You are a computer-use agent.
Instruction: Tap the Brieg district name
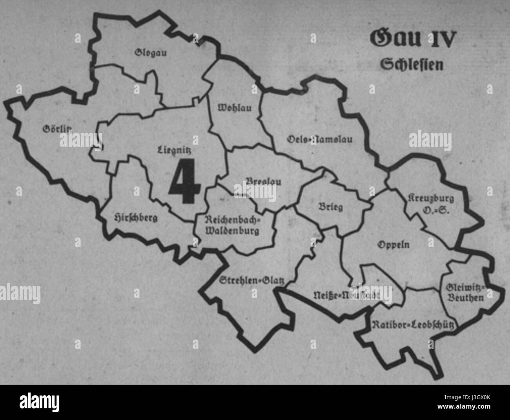coord(330,206)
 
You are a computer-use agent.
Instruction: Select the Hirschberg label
coord(135,217)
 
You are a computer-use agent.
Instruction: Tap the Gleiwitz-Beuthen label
coord(465,293)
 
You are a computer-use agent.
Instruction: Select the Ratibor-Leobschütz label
coord(413,324)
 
